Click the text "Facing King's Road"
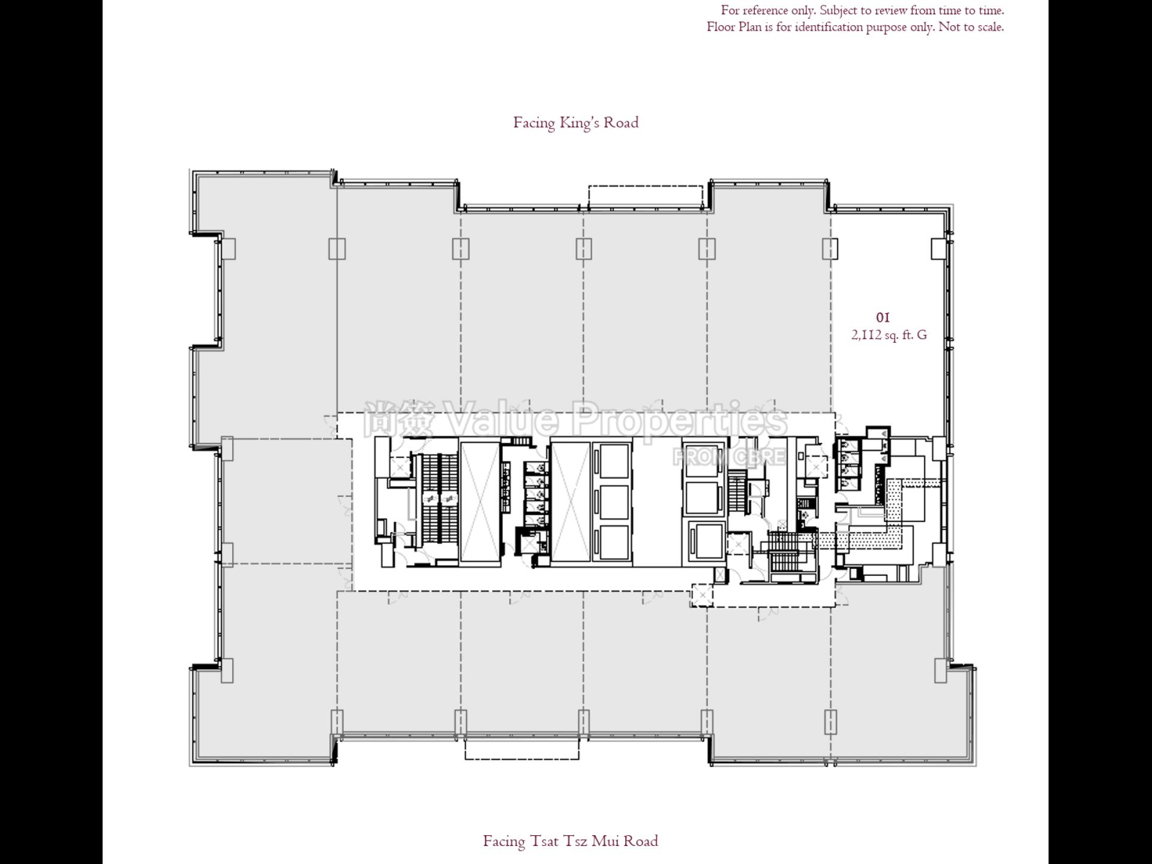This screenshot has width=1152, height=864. (575, 122)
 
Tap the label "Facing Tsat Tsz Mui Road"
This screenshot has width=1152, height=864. (570, 841)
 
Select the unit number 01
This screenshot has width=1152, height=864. (883, 317)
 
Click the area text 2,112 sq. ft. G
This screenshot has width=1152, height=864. (889, 335)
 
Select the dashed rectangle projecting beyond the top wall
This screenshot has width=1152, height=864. (645, 197)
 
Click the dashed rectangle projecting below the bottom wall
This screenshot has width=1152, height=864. (521, 749)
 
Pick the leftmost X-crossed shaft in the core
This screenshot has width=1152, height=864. (479, 503)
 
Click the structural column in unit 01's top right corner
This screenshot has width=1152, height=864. (938, 248)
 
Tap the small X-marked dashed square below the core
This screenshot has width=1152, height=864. (700, 595)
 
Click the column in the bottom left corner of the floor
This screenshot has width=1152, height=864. (227, 670)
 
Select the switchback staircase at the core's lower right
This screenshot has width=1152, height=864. (781, 553)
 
